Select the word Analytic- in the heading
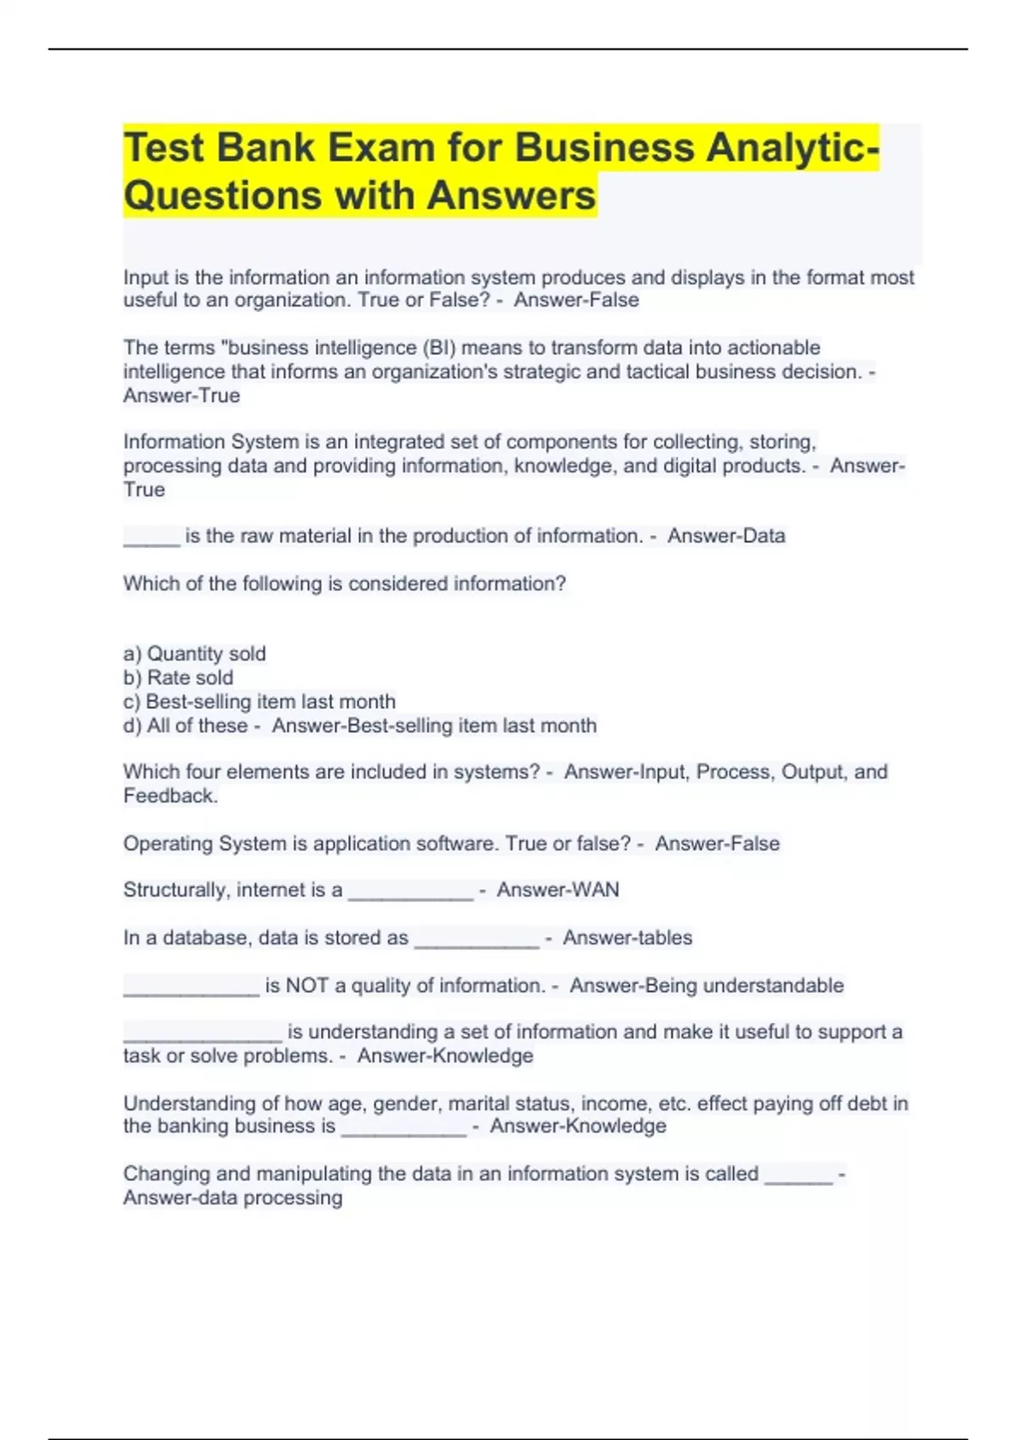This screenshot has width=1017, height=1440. (x=793, y=147)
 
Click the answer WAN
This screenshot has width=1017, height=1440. (x=595, y=889)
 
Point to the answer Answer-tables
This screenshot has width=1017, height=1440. (x=627, y=938)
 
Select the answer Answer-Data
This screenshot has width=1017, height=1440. (x=725, y=535)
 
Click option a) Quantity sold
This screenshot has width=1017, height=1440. (x=194, y=654)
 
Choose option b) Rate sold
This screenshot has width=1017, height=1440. (x=178, y=678)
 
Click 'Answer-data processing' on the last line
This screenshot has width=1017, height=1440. (x=233, y=1198)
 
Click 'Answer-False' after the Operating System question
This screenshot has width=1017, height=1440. (x=717, y=844)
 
